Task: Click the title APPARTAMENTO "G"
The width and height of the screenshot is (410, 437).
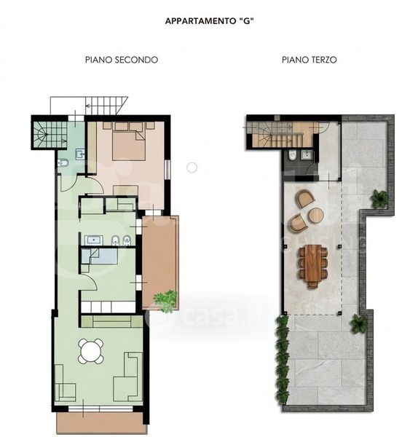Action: (x=209, y=21)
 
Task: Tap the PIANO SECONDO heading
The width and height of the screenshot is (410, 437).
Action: (x=122, y=60)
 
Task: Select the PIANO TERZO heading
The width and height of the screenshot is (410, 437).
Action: (x=309, y=60)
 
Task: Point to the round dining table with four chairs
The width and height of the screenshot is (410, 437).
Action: (x=91, y=351)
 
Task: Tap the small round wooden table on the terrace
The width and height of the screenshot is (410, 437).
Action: (x=316, y=215)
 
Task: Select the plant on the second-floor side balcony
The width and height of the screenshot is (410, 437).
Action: (x=165, y=300)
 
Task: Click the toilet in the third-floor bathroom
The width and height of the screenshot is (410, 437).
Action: (x=292, y=156)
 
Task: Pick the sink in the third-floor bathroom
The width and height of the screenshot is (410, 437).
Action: (x=307, y=154)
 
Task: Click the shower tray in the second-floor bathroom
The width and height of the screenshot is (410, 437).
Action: (x=100, y=256)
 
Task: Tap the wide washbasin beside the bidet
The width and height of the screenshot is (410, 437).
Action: (x=94, y=240)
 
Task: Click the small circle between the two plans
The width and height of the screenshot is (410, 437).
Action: (x=192, y=168)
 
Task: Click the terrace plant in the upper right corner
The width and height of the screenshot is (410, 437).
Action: (x=379, y=199)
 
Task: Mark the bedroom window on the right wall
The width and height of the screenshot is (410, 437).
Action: (x=167, y=170)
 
